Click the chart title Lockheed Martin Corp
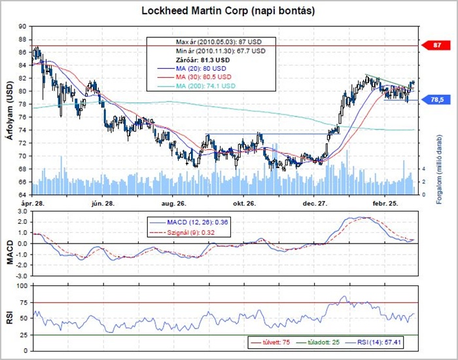tap(229, 11)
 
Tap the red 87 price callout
tap(438, 45)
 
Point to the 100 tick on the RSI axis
tap(22, 286)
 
